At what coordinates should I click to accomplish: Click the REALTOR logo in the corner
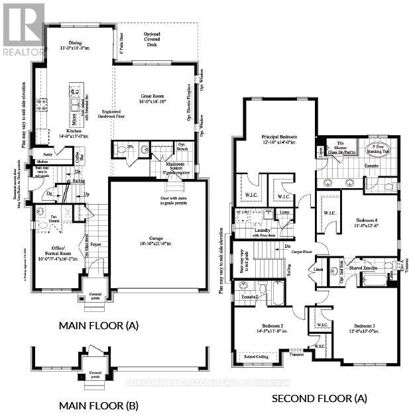point(24,30)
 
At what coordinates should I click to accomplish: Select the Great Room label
point(154,97)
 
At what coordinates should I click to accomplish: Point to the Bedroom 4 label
point(364,223)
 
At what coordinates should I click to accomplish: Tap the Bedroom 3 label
point(365,327)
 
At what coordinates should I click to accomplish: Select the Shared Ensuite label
point(363,267)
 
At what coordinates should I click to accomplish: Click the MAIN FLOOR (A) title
point(99,325)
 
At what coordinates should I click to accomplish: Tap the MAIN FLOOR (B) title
point(99,405)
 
